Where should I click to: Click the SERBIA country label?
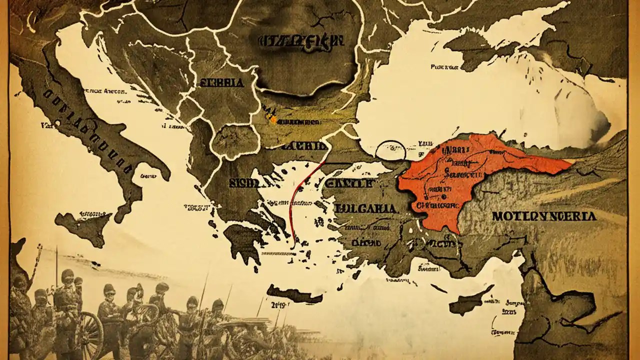point(221,83)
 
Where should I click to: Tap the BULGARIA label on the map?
point(366,208)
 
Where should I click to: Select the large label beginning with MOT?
point(550,216)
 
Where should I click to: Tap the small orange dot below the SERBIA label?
point(273,119)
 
